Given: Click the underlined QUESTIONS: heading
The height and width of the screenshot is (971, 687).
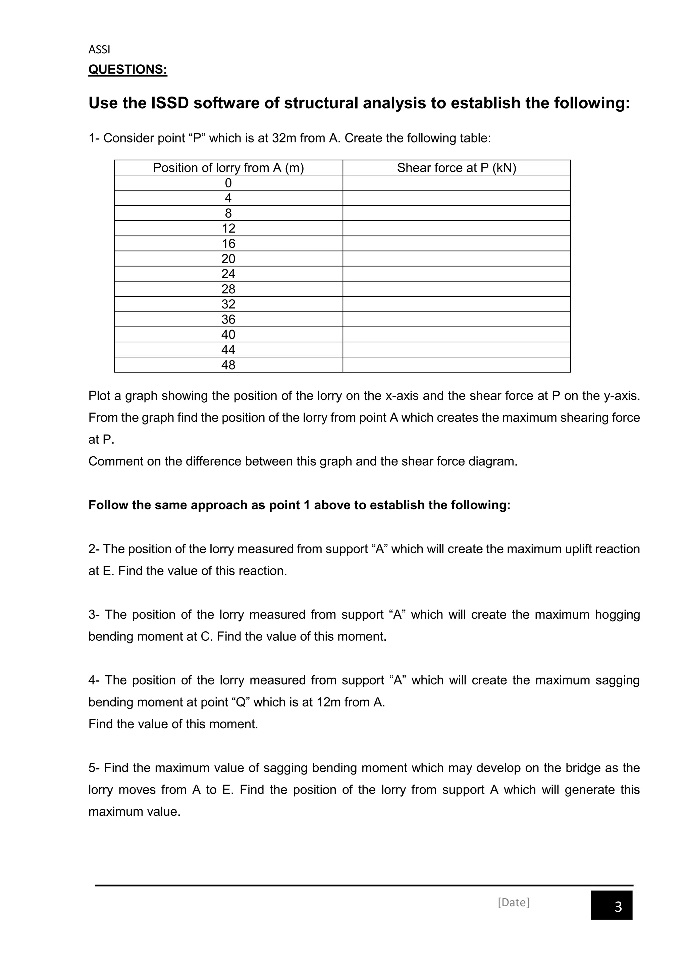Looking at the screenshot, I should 128,69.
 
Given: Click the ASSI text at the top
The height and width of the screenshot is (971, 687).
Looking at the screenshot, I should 99,50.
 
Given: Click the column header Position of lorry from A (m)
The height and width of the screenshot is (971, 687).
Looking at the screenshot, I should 228,168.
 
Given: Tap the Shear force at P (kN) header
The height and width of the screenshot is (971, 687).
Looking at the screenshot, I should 457,168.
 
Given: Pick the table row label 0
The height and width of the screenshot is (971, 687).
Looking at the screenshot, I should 228,183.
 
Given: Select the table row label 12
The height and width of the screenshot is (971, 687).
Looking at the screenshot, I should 228,228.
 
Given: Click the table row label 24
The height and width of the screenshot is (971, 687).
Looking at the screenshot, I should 228,274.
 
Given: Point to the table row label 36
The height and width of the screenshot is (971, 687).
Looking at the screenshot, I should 228,319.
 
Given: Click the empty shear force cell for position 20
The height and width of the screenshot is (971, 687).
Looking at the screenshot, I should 457,259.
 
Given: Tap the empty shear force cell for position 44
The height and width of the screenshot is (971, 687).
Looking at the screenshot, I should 457,350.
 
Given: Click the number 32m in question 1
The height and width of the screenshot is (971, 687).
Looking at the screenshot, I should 284,138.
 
